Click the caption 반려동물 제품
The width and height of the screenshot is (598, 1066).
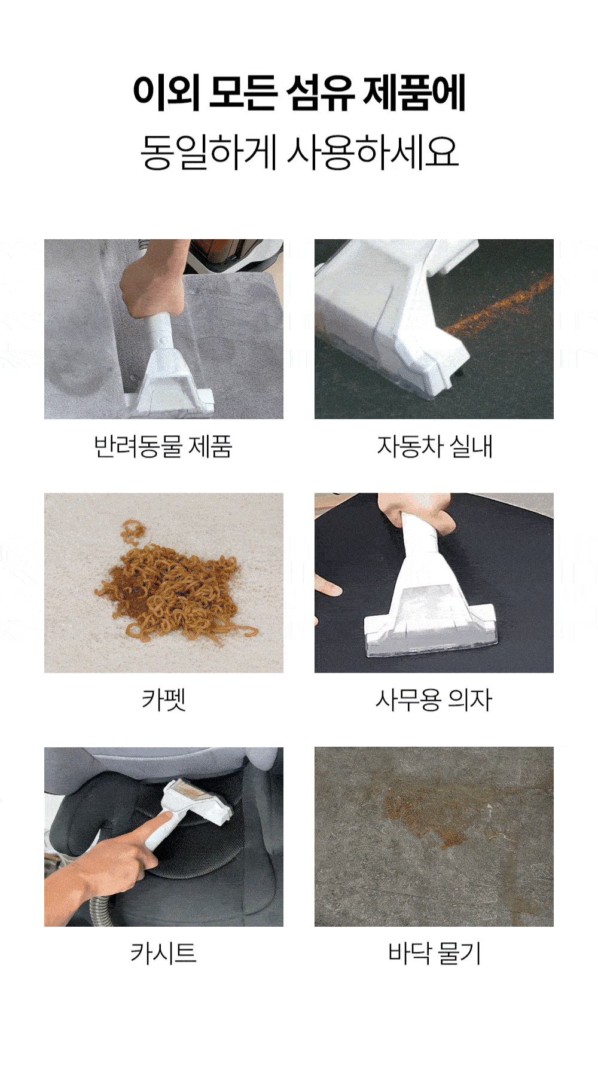(163, 446)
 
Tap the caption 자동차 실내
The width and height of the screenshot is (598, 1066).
(435, 446)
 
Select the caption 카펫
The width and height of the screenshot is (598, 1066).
(164, 700)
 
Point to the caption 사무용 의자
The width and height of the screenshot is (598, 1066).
(434, 700)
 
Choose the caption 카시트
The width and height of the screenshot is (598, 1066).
(163, 953)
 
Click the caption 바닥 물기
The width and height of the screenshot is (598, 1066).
(435, 953)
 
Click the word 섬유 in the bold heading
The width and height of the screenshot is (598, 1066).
(321, 93)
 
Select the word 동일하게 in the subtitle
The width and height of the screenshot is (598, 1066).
(208, 152)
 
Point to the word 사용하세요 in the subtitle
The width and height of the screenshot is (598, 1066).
(373, 152)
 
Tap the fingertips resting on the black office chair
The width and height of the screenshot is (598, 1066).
(328, 587)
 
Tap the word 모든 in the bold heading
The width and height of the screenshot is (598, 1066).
(243, 93)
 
